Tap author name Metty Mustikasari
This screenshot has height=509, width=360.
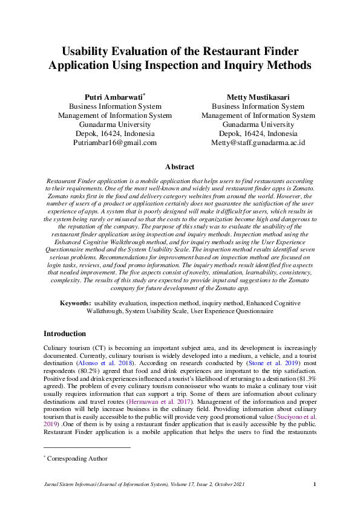click(258, 97)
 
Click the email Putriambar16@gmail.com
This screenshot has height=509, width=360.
click(114, 143)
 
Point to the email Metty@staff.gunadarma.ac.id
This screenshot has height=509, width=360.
click(258, 143)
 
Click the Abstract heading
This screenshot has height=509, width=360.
click(180, 167)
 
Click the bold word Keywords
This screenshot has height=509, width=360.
click(76, 302)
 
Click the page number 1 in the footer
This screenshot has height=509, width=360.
click(315, 484)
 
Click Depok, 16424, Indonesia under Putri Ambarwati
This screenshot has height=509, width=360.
click(114, 134)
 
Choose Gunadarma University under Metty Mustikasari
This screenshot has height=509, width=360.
click(258, 125)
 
